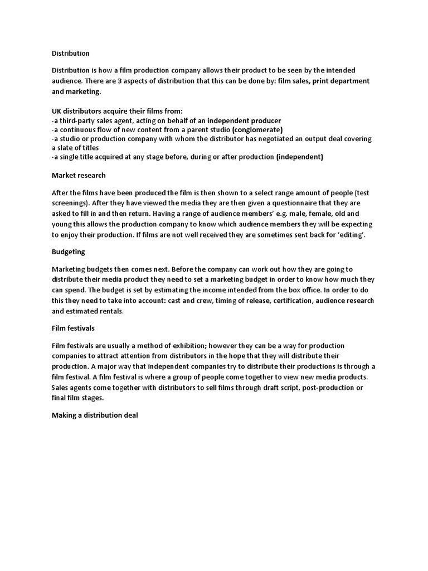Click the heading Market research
click(x=79, y=175)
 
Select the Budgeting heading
click(x=69, y=251)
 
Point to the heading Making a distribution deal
click(x=99, y=415)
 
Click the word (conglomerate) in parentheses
click(x=254, y=129)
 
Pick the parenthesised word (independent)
click(x=299, y=157)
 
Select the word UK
click(x=57, y=111)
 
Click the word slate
click(x=66, y=148)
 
